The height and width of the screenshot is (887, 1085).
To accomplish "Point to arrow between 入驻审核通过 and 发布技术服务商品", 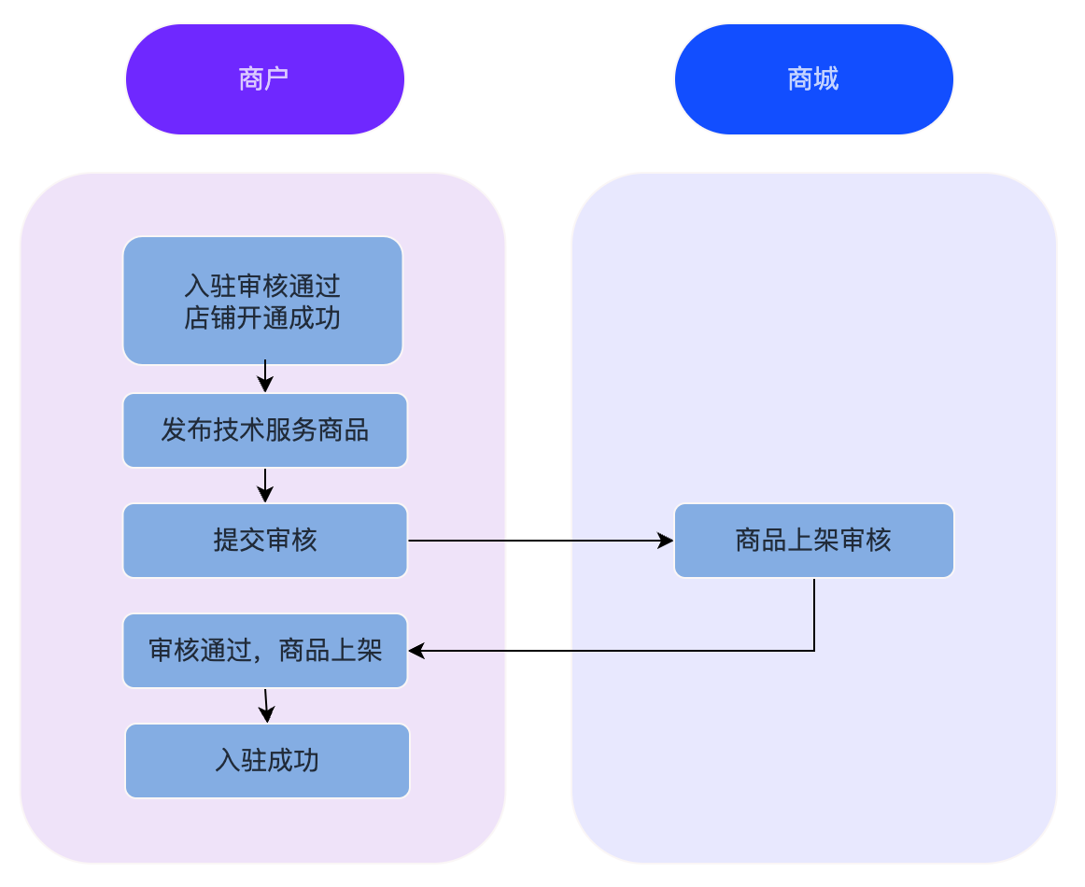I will point(265,377).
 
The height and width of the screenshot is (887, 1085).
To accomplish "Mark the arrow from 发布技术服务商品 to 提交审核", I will point(265,485).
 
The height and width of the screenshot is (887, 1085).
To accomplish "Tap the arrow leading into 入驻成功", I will point(266,706).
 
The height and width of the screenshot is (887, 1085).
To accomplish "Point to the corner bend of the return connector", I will point(814,651).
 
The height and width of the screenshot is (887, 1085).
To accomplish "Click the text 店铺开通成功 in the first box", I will point(262,318).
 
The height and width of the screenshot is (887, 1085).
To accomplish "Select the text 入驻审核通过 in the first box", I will point(262,284).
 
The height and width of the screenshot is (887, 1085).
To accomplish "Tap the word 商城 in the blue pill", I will point(813,79).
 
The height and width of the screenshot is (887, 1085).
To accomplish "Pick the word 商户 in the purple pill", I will point(264,79).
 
